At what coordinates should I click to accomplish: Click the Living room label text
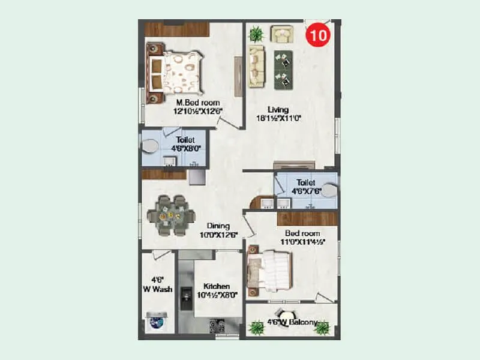278,110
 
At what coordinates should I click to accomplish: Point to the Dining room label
214,226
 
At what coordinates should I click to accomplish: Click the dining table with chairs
172,214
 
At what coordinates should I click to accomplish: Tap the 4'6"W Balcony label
294,323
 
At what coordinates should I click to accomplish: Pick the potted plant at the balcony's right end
322,327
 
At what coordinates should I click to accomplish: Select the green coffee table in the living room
283,67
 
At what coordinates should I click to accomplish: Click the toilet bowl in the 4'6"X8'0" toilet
150,146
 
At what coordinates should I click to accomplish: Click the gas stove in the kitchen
216,326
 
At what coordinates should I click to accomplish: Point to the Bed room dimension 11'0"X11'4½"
302,242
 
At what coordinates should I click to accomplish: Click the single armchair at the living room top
281,33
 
